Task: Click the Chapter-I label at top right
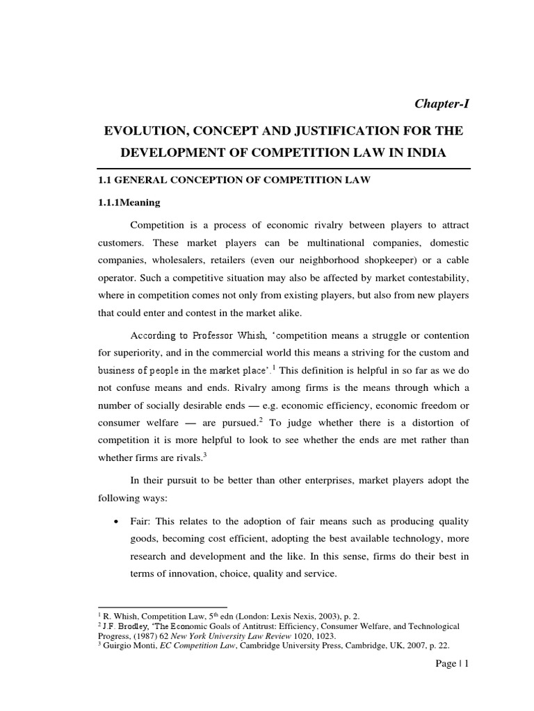442,103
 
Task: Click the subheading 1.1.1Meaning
128,203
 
